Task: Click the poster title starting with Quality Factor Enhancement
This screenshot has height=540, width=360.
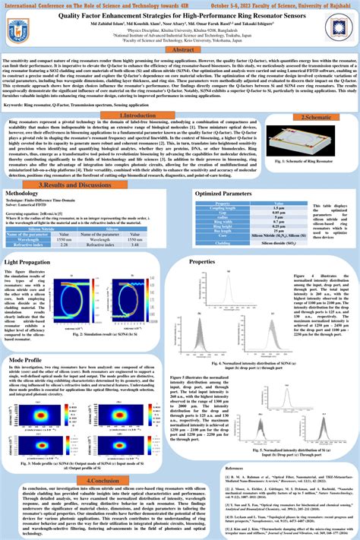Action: pyautogui.click(x=180, y=14)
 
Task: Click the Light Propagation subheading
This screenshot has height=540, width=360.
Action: pyautogui.click(x=30, y=261)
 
